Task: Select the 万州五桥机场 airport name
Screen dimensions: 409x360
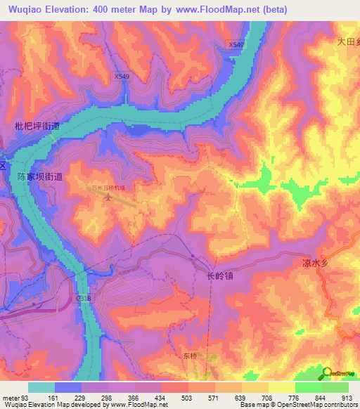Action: (x=108, y=188)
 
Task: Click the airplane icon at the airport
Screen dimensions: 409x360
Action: (x=108, y=197)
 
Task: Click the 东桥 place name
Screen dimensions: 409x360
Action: (x=192, y=356)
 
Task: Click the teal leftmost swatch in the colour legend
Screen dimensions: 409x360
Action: (x=41, y=387)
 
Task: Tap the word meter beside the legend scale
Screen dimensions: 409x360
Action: (x=11, y=397)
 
